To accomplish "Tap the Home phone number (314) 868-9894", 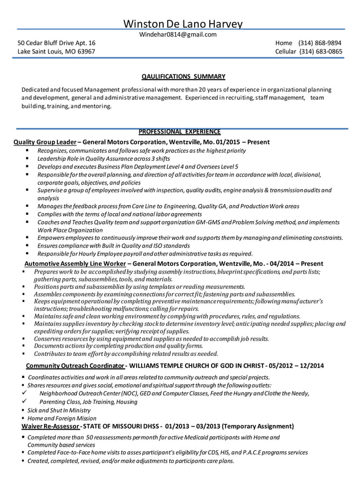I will click(320, 43).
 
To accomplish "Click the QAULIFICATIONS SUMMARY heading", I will click(183, 76).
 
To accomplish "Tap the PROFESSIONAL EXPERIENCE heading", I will click(179, 132).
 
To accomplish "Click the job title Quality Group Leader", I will click(45, 142).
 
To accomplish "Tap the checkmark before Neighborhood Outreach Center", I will click(24, 393).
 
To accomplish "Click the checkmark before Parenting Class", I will click(24, 402).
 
